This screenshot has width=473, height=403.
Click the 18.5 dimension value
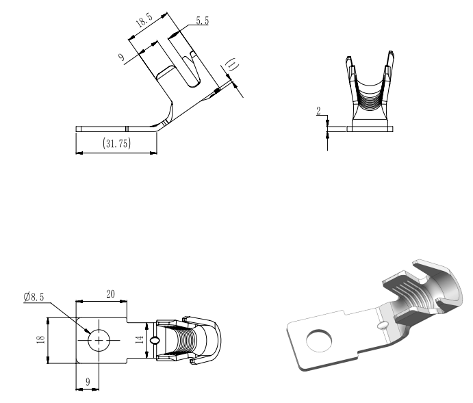click(144, 21)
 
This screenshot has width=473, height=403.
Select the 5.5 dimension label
click(203, 21)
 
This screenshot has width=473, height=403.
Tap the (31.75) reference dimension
click(117, 143)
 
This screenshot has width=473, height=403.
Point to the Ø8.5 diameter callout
click(34, 297)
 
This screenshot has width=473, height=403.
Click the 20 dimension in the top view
click(110, 294)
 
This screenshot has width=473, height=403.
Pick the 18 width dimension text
click(40, 339)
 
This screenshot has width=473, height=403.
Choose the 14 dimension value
click(139, 340)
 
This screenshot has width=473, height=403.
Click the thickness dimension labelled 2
click(318, 111)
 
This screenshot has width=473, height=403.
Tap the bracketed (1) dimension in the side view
click(232, 65)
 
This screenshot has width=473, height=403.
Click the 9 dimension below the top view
click(88, 382)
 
